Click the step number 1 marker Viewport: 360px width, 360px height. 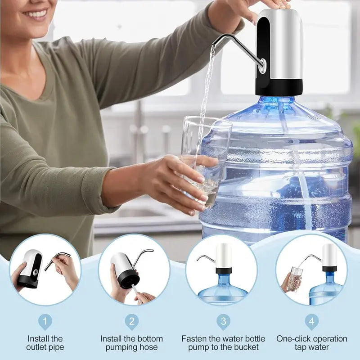click(45, 321)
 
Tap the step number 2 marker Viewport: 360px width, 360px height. click(132, 321)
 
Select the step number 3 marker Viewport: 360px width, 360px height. click(223, 321)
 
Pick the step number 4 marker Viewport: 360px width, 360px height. click(311, 321)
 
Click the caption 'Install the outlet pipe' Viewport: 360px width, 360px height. click(45, 342)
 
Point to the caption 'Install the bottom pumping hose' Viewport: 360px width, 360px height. click(132, 342)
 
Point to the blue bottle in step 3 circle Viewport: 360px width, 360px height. click(223, 290)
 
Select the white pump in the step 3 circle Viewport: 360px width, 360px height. click(223, 256)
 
